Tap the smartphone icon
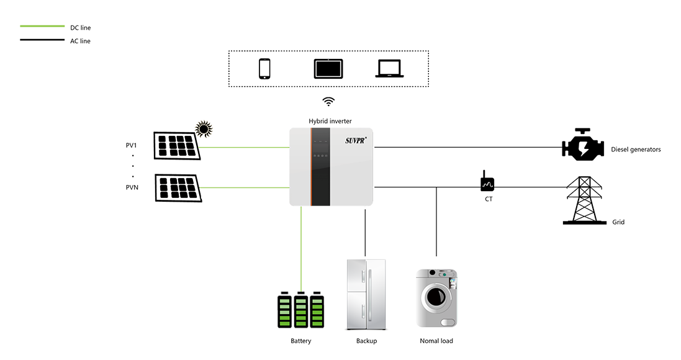tap(264, 67)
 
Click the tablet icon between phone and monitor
tap(326, 68)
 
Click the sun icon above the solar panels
tap(204, 129)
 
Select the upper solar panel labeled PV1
tap(178, 147)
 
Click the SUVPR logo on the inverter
tap(358, 140)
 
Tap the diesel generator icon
tap(582, 148)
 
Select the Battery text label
tap(300, 341)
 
